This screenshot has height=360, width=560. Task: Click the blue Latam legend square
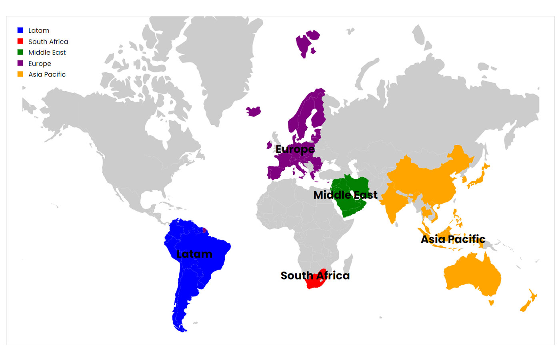click(20, 30)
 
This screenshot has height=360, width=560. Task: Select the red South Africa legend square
click(20, 41)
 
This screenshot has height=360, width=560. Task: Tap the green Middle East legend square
click(20, 52)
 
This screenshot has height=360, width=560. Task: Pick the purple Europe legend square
click(20, 63)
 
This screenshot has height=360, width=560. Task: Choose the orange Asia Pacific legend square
click(20, 74)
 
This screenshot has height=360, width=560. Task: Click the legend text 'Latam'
click(39, 30)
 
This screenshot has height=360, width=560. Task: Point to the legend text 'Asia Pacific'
click(47, 74)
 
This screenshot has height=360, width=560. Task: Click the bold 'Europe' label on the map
click(295, 149)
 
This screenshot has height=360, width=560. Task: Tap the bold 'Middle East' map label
click(345, 195)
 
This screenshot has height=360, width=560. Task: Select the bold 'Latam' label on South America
click(194, 254)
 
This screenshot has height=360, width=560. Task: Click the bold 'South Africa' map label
click(315, 276)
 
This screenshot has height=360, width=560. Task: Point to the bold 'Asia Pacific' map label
click(453, 239)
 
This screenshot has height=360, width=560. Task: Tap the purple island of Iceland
click(254, 111)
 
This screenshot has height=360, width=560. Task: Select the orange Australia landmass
click(472, 274)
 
